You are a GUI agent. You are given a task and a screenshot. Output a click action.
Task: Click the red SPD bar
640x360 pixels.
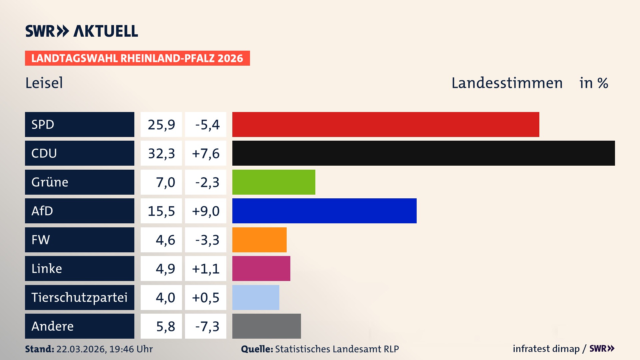[386, 124]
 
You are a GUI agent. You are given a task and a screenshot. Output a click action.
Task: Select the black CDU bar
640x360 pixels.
[423, 153]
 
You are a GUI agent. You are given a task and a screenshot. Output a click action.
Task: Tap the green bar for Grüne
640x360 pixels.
[274, 182]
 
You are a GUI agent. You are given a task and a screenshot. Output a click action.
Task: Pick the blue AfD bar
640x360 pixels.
[324, 211]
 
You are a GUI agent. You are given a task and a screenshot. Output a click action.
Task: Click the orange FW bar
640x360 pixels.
[259, 240]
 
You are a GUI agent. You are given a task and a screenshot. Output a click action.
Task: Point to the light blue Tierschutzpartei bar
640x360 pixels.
[256, 297]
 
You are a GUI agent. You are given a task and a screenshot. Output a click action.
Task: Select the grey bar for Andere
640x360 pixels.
[266, 326]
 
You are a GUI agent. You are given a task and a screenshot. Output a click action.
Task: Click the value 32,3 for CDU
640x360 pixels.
[161, 153]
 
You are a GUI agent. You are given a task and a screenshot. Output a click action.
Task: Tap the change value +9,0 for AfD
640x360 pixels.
[206, 211]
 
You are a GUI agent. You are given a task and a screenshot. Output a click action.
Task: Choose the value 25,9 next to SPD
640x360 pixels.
[161, 125]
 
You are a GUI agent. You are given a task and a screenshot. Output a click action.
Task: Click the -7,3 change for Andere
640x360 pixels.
[207, 326]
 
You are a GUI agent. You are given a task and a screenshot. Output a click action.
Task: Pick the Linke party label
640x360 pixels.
[47, 268]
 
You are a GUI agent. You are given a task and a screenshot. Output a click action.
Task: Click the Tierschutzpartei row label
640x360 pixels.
[79, 297]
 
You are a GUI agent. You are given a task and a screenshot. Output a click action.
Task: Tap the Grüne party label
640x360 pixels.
[50, 182]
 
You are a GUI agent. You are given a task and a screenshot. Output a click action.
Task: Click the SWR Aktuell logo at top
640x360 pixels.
[81, 31]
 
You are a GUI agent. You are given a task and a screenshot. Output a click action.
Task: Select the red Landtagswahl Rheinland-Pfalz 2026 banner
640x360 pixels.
[137, 58]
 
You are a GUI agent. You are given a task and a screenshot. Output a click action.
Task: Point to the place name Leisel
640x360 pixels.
[44, 83]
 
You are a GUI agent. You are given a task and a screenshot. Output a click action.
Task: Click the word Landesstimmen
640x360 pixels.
[507, 83]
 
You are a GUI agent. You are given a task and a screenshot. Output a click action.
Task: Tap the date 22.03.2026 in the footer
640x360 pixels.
[81, 349]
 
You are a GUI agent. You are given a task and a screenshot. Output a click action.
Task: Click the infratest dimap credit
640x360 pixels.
[546, 349]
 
